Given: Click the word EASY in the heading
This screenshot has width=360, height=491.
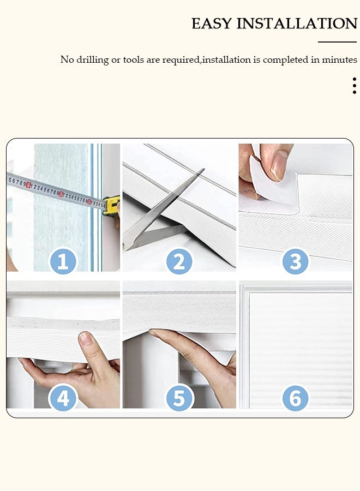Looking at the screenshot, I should [212, 24].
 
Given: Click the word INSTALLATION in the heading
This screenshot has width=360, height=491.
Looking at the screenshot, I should [297, 24].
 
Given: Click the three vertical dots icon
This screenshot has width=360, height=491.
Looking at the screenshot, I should [354, 86].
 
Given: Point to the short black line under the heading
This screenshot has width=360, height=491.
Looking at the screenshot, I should [337, 42].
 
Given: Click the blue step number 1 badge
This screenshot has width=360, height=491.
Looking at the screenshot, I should [63, 262].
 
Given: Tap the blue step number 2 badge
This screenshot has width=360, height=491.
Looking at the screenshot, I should [179, 262].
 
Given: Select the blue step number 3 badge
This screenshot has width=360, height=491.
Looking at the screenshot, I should [295, 262].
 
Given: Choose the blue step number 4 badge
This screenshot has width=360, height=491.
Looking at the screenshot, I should [63, 399].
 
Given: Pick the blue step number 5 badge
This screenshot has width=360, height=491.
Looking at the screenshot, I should [179, 399].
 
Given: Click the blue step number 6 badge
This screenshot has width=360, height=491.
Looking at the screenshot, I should [295, 399].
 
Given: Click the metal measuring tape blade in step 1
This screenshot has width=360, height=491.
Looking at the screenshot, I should [55, 191].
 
